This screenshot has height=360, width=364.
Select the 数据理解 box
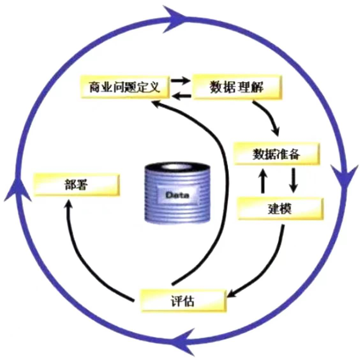pos(237,87)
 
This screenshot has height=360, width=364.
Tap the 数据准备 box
pos(277,154)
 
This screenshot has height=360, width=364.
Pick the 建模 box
pos(280,209)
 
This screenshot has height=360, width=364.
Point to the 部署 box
pos(77,185)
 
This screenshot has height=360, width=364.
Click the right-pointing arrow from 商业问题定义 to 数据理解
pos(181,80)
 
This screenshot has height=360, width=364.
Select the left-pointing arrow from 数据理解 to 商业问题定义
pos(181,95)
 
